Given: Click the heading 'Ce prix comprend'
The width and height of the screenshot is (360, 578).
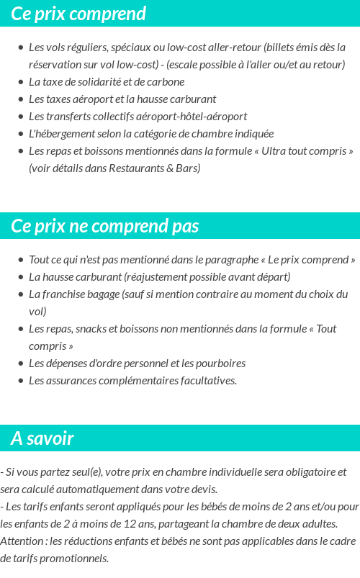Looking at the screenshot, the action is coord(78,14).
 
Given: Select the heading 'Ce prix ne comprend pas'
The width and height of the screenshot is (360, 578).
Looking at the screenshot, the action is coord(104,226).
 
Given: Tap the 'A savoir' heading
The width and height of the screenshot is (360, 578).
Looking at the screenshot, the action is coord(42,438).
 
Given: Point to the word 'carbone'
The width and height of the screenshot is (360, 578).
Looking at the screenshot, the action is coord(167,82).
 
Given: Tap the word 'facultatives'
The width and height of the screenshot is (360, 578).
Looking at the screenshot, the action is coord(207,381).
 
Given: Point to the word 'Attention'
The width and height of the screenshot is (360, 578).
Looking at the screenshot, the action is coord(21,541).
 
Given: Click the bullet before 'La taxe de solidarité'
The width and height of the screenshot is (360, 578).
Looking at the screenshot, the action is coord(20,82).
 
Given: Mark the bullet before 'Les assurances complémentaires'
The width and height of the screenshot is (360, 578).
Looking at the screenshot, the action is coord(20,381).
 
